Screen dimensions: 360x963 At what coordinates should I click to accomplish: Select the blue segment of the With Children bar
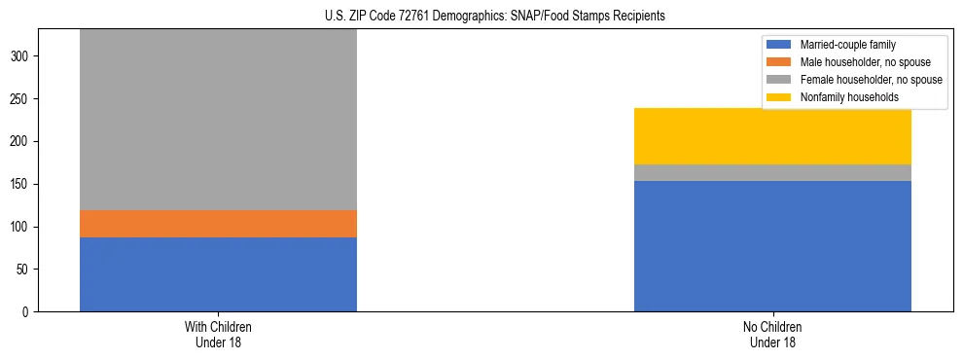coord(218,274)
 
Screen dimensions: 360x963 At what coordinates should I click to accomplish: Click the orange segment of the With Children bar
coord(218,224)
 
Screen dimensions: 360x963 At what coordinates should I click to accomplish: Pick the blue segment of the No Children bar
coord(772,246)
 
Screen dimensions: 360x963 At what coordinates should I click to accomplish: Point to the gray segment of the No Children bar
coord(772,172)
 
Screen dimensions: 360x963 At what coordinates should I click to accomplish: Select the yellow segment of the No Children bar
coord(772,136)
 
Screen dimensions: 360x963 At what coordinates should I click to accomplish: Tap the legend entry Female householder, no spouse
coord(862,80)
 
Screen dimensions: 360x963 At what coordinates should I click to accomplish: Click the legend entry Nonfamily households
coord(842,97)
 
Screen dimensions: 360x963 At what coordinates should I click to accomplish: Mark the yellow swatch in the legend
coord(779,97)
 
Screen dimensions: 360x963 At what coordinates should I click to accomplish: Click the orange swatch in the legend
coord(779,62)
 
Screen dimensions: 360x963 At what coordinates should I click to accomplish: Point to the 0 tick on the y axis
coord(27,312)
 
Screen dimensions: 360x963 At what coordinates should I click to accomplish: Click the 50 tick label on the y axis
coord(24,270)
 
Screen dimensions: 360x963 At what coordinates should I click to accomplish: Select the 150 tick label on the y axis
coord(21,184)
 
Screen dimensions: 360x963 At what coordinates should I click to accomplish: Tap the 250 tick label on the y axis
coord(21,99)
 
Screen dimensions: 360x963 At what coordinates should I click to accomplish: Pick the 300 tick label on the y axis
coord(21,56)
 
